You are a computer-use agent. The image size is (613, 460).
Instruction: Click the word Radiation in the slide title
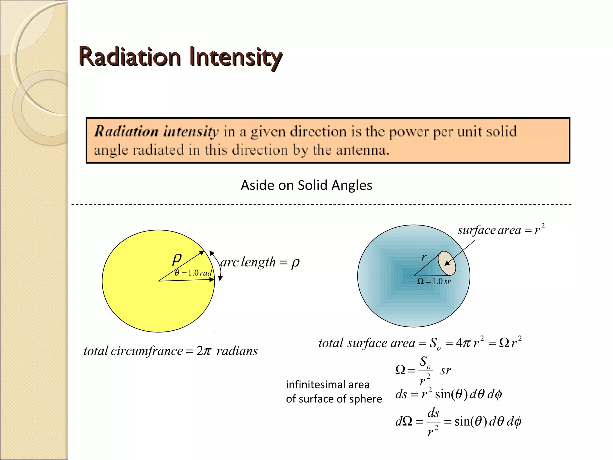point(130,57)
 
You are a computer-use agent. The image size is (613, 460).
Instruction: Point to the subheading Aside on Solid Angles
point(306,185)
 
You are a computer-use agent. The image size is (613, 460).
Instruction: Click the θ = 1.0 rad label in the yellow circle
point(193,273)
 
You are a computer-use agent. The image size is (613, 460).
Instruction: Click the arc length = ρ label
point(260,262)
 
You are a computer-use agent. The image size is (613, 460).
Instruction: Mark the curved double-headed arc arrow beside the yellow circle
point(218,265)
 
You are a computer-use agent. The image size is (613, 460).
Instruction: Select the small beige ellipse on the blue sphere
point(447,263)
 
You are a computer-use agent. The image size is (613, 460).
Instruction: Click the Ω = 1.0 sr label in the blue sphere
point(434,282)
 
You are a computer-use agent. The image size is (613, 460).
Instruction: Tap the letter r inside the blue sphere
point(424,257)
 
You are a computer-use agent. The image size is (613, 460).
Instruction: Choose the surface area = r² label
point(501,230)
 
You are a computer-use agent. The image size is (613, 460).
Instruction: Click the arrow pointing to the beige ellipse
point(459,253)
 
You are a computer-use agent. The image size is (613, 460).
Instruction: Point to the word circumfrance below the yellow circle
point(147,351)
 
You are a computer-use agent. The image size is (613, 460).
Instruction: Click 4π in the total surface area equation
point(463,343)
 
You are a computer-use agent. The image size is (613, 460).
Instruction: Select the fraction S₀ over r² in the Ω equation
point(425,370)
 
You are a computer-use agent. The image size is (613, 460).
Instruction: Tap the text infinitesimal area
point(327,385)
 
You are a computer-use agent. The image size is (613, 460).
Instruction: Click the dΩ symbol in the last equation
point(403,422)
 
